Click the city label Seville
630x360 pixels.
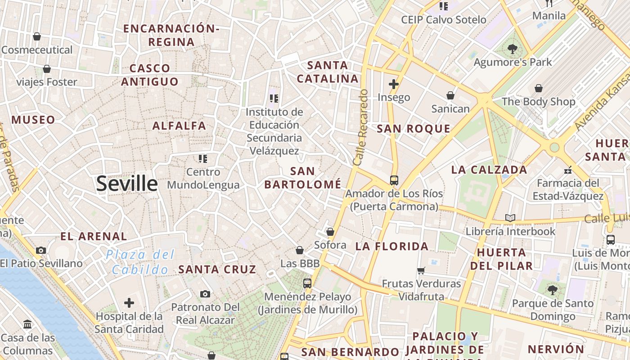pyautogui.click(x=127, y=184)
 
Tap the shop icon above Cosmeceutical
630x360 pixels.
pyautogui.click(x=37, y=36)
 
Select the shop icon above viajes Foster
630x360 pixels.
pyautogui.click(x=46, y=69)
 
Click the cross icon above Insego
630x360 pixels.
pyautogui.click(x=394, y=84)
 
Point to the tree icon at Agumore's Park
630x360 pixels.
pyautogui.click(x=512, y=49)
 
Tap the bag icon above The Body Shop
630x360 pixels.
pyautogui.click(x=539, y=88)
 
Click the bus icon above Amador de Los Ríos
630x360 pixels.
pyautogui.click(x=394, y=180)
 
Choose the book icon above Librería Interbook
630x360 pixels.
pyautogui.click(x=510, y=218)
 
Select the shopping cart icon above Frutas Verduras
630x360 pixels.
pyautogui.click(x=421, y=270)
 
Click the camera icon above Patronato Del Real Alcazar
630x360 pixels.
pyautogui.click(x=205, y=294)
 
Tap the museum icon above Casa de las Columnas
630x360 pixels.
pyautogui.click(x=27, y=324)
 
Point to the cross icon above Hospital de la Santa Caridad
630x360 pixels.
pyautogui.click(x=129, y=303)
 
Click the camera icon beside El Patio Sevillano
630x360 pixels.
pyautogui.click(x=41, y=250)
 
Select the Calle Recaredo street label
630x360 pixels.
pyautogui.click(x=361, y=127)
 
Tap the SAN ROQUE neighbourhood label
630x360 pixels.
pyautogui.click(x=414, y=129)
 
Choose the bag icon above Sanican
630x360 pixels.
pyautogui.click(x=450, y=95)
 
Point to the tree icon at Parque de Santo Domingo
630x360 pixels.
pyautogui.click(x=553, y=290)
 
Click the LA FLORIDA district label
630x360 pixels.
pyautogui.click(x=392, y=246)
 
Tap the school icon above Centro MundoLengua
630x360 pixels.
pyautogui.click(x=203, y=158)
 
